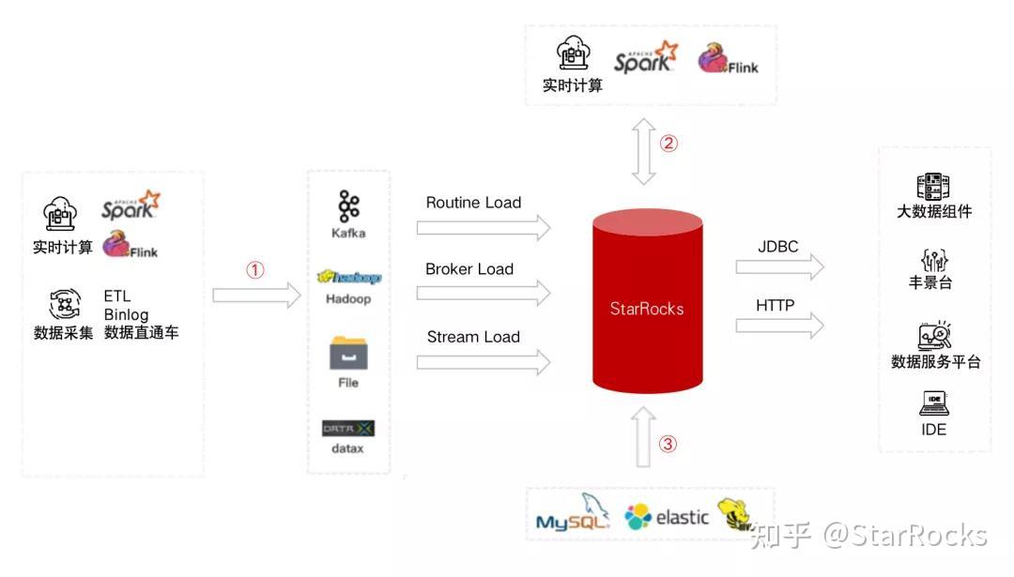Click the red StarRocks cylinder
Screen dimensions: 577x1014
coord(647,303)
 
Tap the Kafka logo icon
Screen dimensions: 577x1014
coord(348,206)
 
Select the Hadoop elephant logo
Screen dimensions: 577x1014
coord(348,277)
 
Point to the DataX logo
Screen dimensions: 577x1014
coord(348,428)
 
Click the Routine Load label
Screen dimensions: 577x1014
coord(473,203)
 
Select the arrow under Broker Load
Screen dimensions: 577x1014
coord(483,294)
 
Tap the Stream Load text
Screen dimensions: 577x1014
coord(473,337)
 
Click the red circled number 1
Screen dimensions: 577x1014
coord(255,270)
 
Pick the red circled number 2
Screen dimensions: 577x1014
coord(668,144)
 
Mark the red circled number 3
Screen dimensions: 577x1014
coord(668,444)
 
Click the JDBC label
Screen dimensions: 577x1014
coord(777,247)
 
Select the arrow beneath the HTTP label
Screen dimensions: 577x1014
coord(779,326)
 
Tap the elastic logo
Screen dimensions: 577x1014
coord(667,516)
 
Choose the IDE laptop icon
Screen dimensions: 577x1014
coord(934,403)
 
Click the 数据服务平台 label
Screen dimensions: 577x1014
coord(935,362)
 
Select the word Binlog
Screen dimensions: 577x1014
coord(126,315)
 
